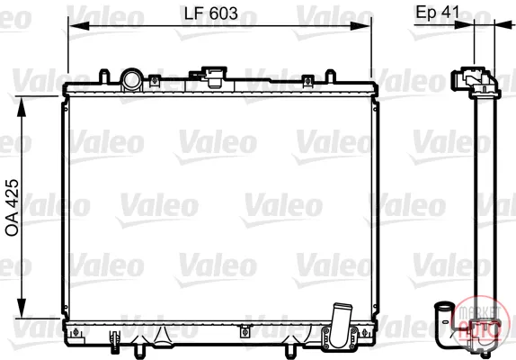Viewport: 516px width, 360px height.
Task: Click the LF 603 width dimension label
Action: tap(211, 13)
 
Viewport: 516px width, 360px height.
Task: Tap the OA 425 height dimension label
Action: tap(13, 208)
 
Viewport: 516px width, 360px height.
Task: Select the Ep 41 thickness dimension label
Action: tap(438, 12)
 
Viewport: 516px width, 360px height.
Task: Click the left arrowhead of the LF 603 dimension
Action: tap(78, 26)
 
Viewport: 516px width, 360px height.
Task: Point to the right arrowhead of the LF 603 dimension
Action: tap(360, 26)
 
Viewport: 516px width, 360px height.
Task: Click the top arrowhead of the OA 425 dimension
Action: tap(22, 107)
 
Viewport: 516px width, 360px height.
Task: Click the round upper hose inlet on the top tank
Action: tap(131, 79)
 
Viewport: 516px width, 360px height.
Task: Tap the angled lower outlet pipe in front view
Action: tap(341, 324)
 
